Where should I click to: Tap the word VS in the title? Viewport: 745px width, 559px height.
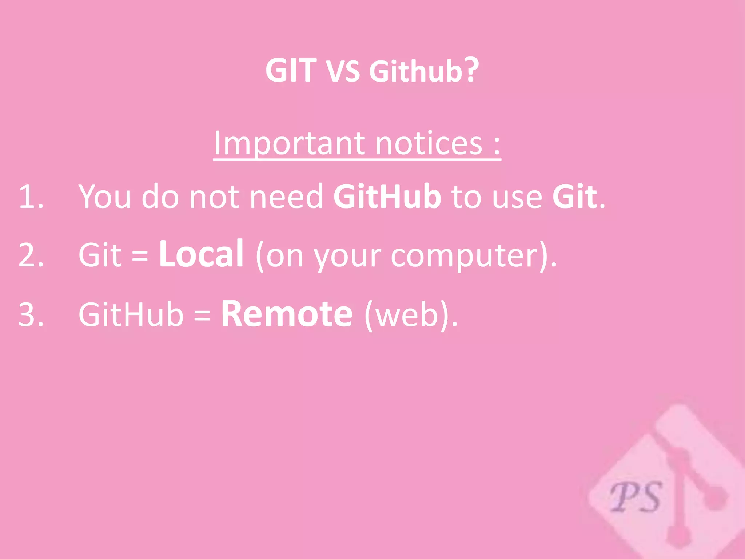point(343,72)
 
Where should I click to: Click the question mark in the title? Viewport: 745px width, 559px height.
point(472,69)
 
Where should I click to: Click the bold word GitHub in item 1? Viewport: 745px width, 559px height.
point(387,197)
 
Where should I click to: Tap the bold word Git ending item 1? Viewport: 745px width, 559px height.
point(574,197)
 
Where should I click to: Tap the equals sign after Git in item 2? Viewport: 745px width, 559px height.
point(140,255)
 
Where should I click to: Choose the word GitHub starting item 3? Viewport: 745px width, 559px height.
point(131,314)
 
